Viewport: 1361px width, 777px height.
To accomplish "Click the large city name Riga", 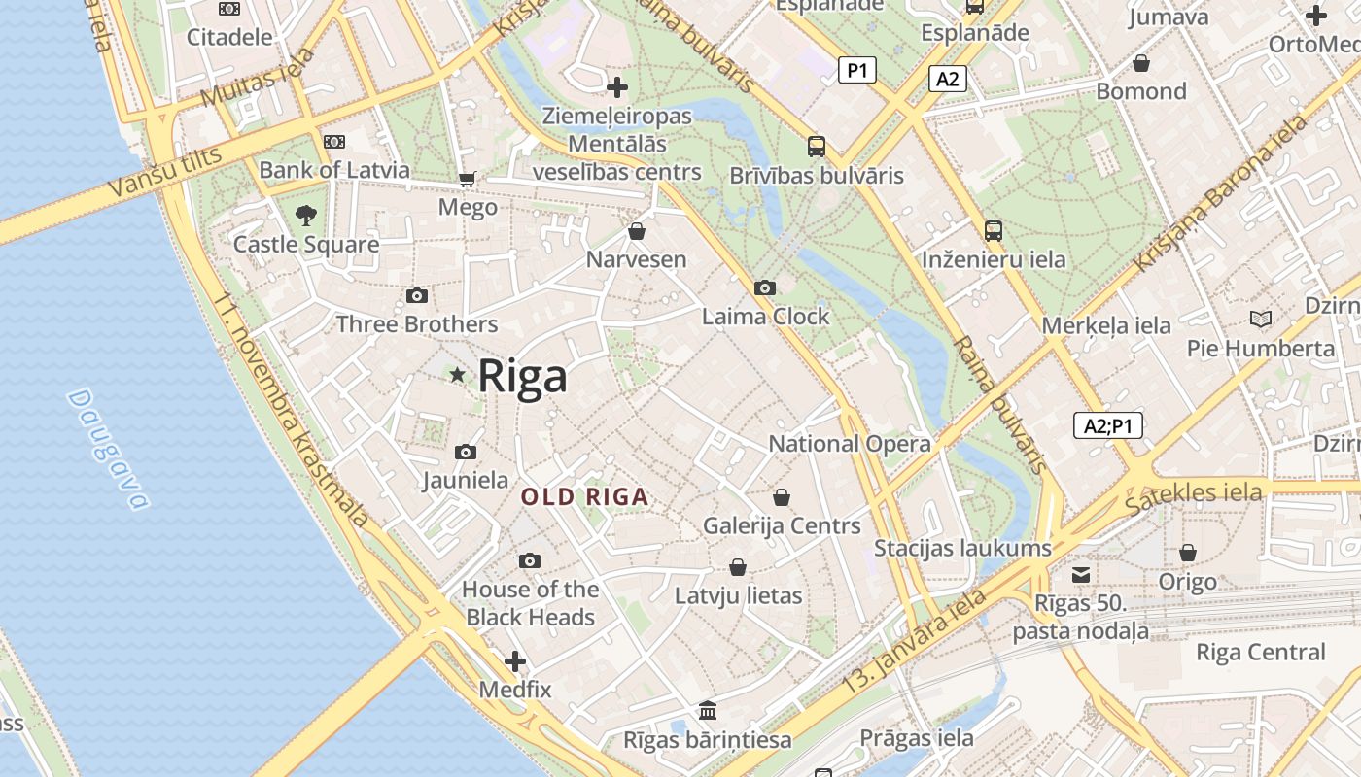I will click(x=522, y=376).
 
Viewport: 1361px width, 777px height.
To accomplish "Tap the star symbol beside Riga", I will click(x=457, y=375).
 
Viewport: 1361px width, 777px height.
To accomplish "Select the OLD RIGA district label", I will click(x=584, y=497).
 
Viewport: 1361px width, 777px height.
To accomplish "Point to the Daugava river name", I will click(x=109, y=449).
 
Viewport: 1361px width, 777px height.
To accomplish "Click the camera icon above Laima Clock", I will click(x=765, y=287).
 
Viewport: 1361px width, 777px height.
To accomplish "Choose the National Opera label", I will click(x=850, y=444).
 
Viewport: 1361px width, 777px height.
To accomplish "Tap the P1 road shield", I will click(x=856, y=70).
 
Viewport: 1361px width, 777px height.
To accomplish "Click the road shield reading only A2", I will click(x=947, y=79).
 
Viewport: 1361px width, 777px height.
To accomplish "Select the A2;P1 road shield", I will click(x=1107, y=425).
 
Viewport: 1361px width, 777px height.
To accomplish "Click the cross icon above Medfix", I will click(x=515, y=662).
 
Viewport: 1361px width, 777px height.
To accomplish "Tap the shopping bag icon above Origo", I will click(x=1187, y=553).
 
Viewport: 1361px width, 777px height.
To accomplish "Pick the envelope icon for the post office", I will click(x=1081, y=574).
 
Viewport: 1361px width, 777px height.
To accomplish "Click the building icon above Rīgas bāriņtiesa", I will click(x=708, y=710).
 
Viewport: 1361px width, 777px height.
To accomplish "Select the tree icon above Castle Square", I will click(x=306, y=215).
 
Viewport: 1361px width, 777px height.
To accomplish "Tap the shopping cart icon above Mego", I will click(x=468, y=179).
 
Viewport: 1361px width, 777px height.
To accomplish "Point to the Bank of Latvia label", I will click(x=334, y=170).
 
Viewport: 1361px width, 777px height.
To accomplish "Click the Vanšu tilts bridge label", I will click(x=165, y=172).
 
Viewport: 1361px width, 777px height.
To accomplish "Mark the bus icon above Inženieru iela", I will click(x=993, y=230).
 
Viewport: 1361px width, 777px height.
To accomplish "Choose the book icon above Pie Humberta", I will click(x=1261, y=319).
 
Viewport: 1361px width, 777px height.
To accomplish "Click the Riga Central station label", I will click(x=1260, y=652).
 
